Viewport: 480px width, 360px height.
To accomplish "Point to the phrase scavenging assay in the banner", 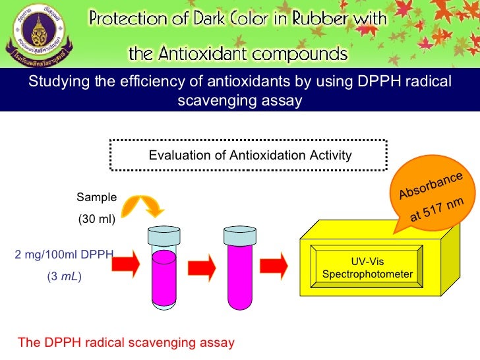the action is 240,100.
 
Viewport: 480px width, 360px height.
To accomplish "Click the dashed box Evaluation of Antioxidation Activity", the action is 250,156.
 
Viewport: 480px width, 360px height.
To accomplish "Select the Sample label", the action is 96,196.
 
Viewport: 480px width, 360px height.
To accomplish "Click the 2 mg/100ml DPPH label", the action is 64,254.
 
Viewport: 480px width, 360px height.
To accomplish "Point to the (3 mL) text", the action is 64,278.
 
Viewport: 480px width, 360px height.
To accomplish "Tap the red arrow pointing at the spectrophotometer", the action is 273,265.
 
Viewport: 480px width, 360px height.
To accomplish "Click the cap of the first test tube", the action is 163,236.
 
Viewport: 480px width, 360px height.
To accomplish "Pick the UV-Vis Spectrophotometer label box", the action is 367,268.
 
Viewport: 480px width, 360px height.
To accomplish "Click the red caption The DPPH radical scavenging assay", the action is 126,343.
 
